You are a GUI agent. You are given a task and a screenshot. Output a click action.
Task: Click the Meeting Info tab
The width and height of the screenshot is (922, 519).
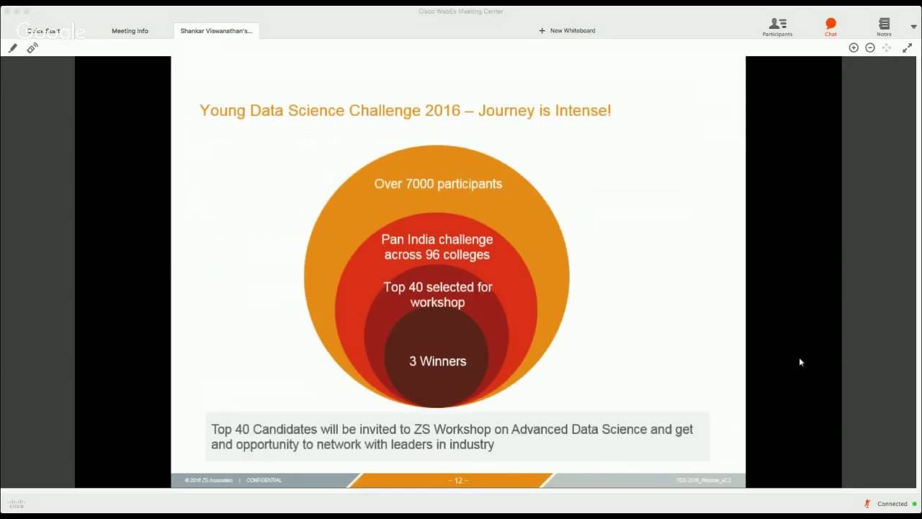130,31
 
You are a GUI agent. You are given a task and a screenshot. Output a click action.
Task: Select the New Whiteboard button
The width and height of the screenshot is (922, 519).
567,31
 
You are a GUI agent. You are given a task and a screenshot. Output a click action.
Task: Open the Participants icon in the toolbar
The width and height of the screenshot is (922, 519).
777,27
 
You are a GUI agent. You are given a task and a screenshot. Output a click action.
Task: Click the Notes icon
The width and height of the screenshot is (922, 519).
884,27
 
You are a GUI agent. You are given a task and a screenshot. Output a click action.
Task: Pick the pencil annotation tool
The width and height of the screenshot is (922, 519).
13,48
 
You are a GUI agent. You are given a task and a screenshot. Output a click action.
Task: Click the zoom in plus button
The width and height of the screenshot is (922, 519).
854,48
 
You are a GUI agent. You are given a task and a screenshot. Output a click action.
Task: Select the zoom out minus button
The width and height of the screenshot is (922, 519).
870,48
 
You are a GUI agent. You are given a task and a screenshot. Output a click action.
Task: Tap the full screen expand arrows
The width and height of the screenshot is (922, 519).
907,48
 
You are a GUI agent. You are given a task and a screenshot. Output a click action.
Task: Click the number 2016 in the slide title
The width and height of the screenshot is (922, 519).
442,111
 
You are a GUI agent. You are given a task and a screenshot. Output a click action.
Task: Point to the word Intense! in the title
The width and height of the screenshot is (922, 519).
583,111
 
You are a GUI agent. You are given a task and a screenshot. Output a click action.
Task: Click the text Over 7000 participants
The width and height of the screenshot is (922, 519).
438,184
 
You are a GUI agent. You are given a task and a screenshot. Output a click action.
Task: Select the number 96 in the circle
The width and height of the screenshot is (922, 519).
434,255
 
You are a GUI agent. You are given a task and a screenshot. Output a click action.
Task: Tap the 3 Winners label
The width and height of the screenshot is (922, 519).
437,361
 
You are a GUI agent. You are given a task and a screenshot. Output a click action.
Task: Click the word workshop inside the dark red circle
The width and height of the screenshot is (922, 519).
437,303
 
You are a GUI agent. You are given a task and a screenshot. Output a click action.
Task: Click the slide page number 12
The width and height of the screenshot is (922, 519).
458,480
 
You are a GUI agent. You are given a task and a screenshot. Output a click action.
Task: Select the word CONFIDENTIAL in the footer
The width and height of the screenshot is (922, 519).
264,480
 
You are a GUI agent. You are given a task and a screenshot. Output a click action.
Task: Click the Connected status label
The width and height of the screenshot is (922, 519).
892,504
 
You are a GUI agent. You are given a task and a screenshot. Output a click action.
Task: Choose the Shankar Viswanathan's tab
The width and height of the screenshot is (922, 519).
216,31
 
